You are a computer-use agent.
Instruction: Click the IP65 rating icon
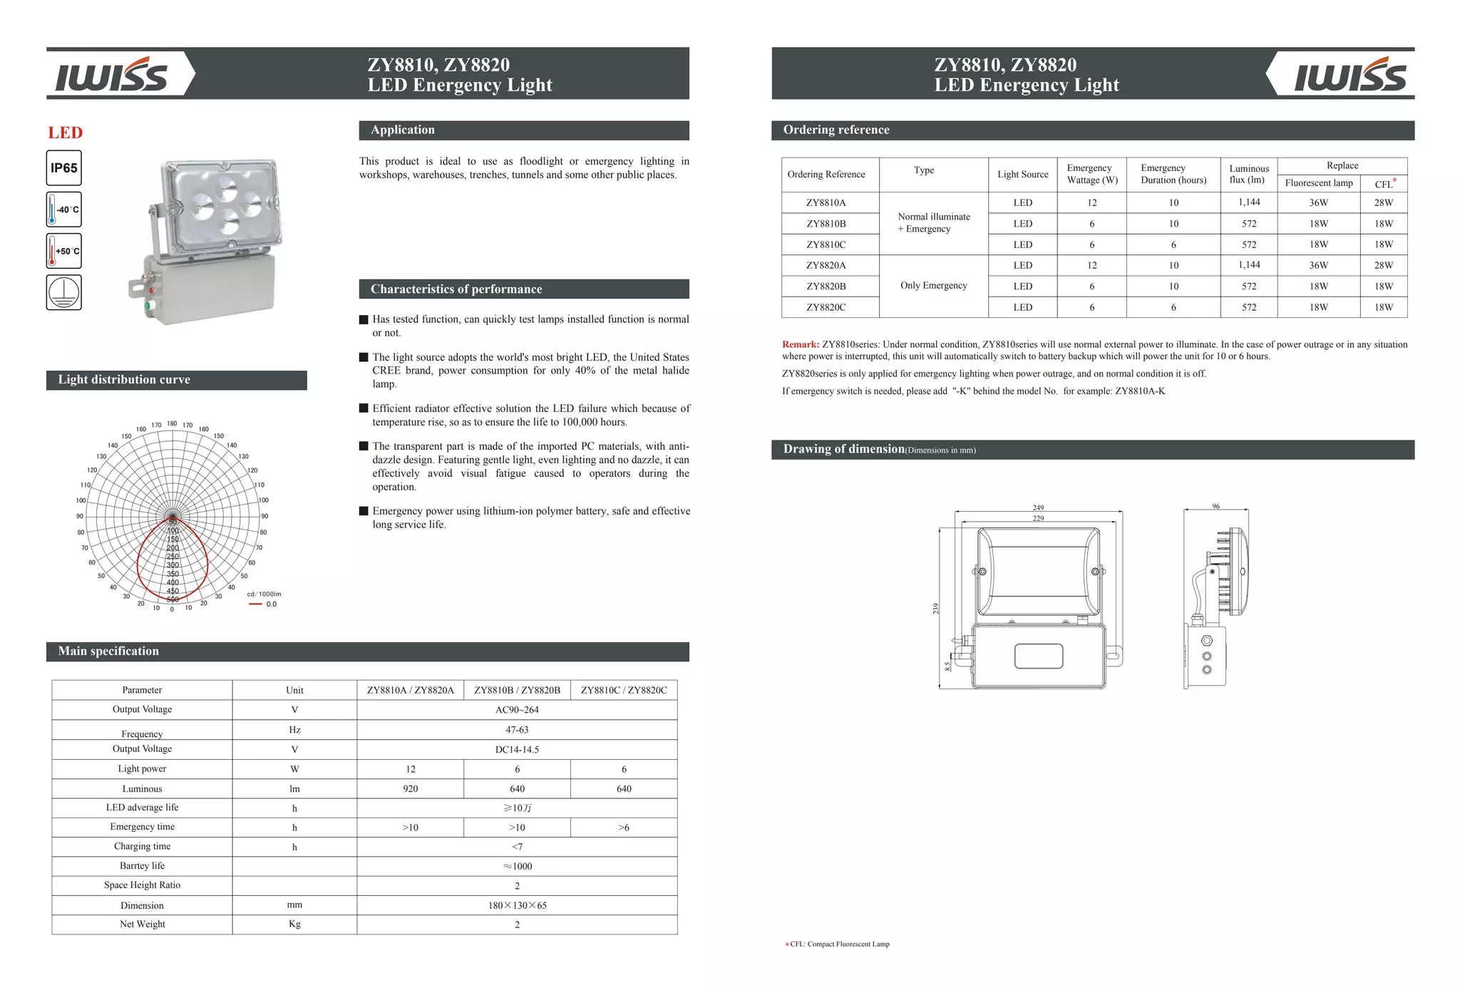[x=63, y=168]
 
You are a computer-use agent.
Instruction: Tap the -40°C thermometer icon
[x=63, y=210]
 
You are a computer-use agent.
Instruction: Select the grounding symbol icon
[x=63, y=292]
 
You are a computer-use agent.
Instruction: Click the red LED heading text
[x=66, y=133]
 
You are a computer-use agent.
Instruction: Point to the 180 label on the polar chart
[x=172, y=423]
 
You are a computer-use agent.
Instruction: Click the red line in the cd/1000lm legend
[x=255, y=604]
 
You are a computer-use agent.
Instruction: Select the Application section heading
[x=403, y=130]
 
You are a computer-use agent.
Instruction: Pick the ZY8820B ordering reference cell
[x=826, y=287]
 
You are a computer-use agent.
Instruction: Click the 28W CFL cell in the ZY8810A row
[x=1383, y=202]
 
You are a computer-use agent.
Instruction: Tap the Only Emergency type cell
[x=933, y=285]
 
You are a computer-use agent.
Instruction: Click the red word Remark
[x=800, y=344]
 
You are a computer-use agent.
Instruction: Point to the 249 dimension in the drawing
[x=1038, y=507]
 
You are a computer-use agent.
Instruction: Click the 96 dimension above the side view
[x=1215, y=506]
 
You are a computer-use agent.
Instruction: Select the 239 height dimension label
[x=936, y=608]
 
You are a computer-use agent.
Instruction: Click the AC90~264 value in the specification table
[x=517, y=710]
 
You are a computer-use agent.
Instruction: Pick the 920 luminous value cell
[x=410, y=789]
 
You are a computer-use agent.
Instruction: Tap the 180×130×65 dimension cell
[x=517, y=905]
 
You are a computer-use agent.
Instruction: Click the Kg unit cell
[x=294, y=924]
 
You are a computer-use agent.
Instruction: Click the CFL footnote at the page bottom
[x=838, y=944]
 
